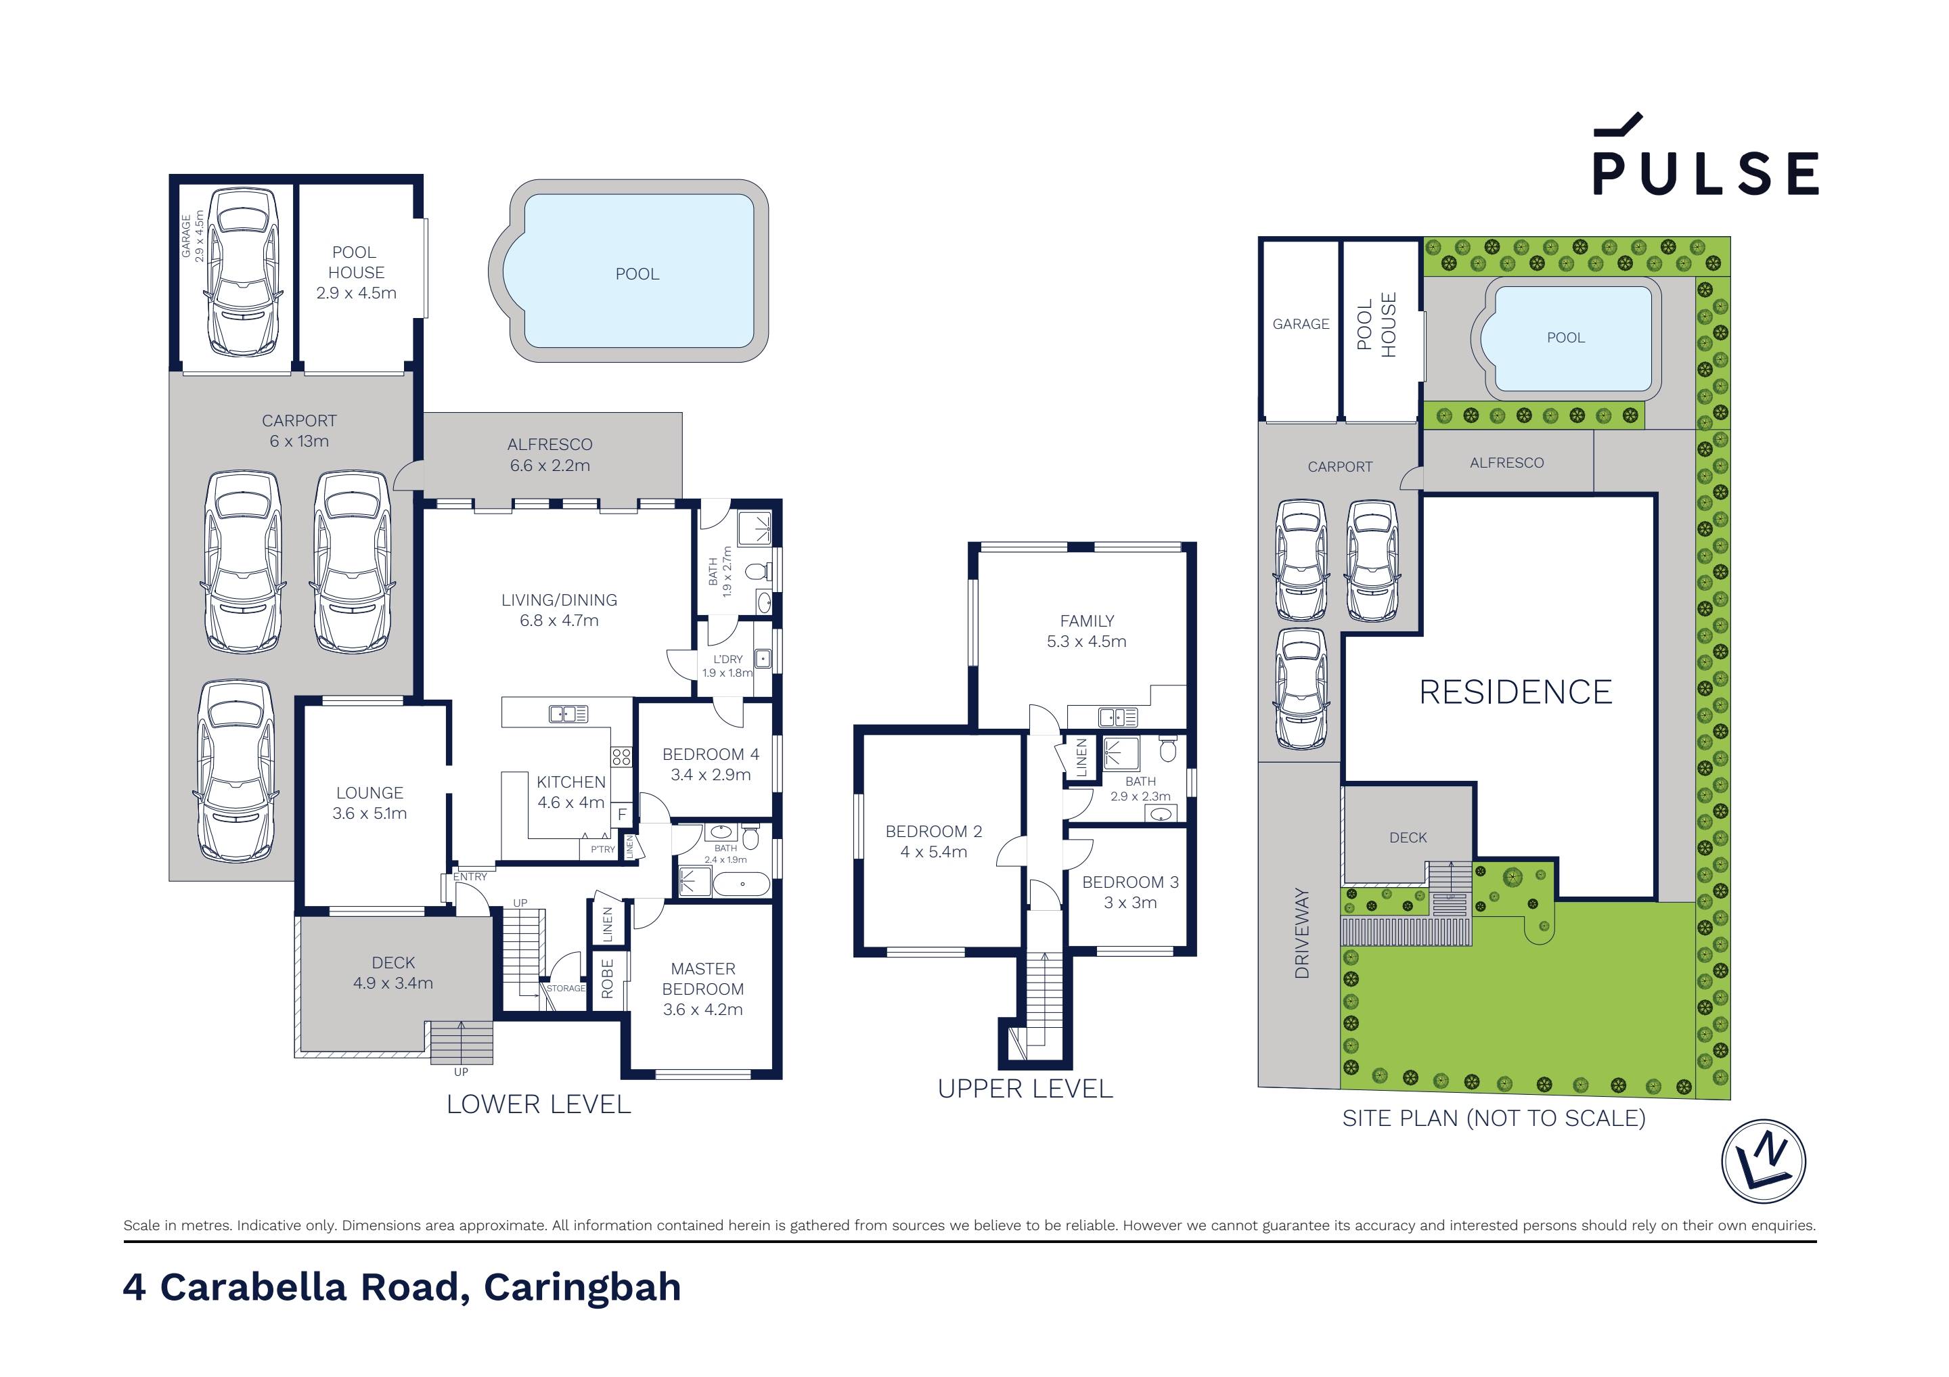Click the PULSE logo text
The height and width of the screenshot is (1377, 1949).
click(1705, 173)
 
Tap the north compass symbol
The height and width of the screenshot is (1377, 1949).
click(1763, 1160)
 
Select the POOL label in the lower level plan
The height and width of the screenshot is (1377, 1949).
click(637, 274)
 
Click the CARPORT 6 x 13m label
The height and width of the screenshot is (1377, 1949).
click(299, 430)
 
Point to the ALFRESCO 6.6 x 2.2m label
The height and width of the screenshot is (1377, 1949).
click(550, 454)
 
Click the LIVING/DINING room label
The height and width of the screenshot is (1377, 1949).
click(558, 600)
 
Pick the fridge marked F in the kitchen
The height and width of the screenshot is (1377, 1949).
click(622, 814)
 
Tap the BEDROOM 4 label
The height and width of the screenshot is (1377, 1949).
click(711, 754)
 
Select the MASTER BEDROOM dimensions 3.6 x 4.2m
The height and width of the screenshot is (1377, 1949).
click(703, 1010)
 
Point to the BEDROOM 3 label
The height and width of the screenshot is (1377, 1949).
click(1130, 882)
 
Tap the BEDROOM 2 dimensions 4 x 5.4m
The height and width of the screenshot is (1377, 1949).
click(934, 851)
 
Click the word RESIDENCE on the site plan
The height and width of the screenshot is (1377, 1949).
click(1515, 692)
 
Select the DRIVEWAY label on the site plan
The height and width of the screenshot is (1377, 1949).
click(1301, 933)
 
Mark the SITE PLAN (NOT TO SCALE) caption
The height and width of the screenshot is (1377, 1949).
click(1493, 1118)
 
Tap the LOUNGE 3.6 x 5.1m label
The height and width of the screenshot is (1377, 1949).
click(369, 803)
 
